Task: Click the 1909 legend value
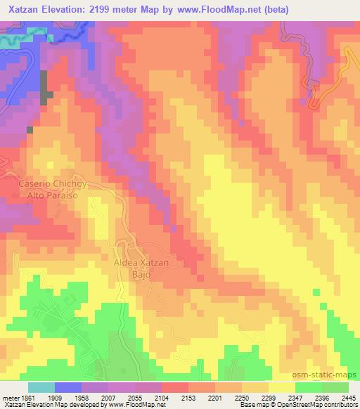tap(65, 397)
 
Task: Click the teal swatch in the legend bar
tap(41, 387)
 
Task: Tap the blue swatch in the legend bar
tap(68, 387)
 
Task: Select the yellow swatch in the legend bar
tap(281, 387)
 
